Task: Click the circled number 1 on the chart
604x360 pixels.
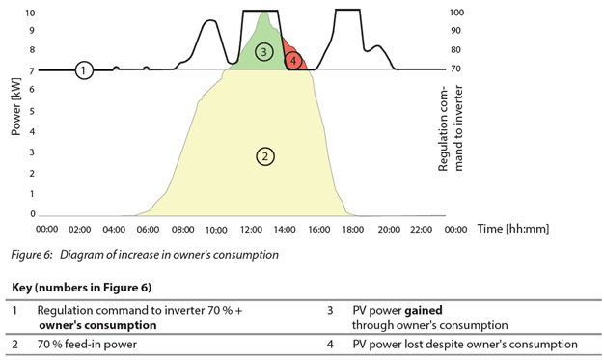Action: coord(84,69)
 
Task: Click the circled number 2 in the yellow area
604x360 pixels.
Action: coord(261,155)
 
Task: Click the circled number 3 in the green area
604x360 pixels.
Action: coord(263,50)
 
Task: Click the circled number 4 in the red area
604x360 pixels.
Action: coord(293,61)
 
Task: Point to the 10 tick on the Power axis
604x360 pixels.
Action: coord(30,14)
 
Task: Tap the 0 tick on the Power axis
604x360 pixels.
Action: coord(33,214)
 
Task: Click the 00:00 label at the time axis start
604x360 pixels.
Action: coord(47,231)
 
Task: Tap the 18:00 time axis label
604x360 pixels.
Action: coord(353,231)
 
